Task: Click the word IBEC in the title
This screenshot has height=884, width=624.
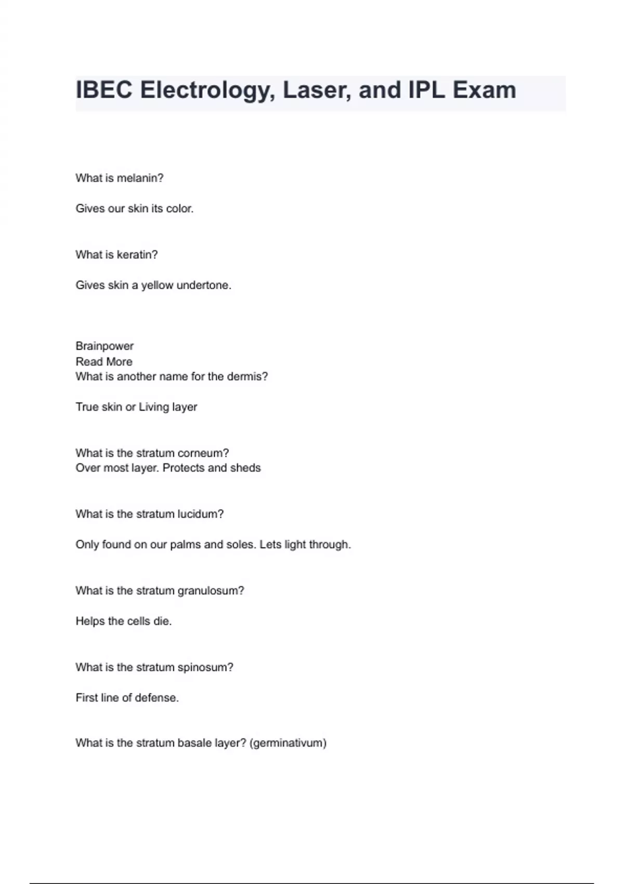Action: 104,90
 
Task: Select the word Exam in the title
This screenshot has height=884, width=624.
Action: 484,90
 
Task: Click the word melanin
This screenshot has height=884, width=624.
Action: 140,178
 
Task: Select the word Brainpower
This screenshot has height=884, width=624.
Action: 105,346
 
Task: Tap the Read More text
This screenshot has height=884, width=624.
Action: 104,361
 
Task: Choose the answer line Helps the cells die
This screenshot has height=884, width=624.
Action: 124,621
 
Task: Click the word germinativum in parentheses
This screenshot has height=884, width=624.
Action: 288,743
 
